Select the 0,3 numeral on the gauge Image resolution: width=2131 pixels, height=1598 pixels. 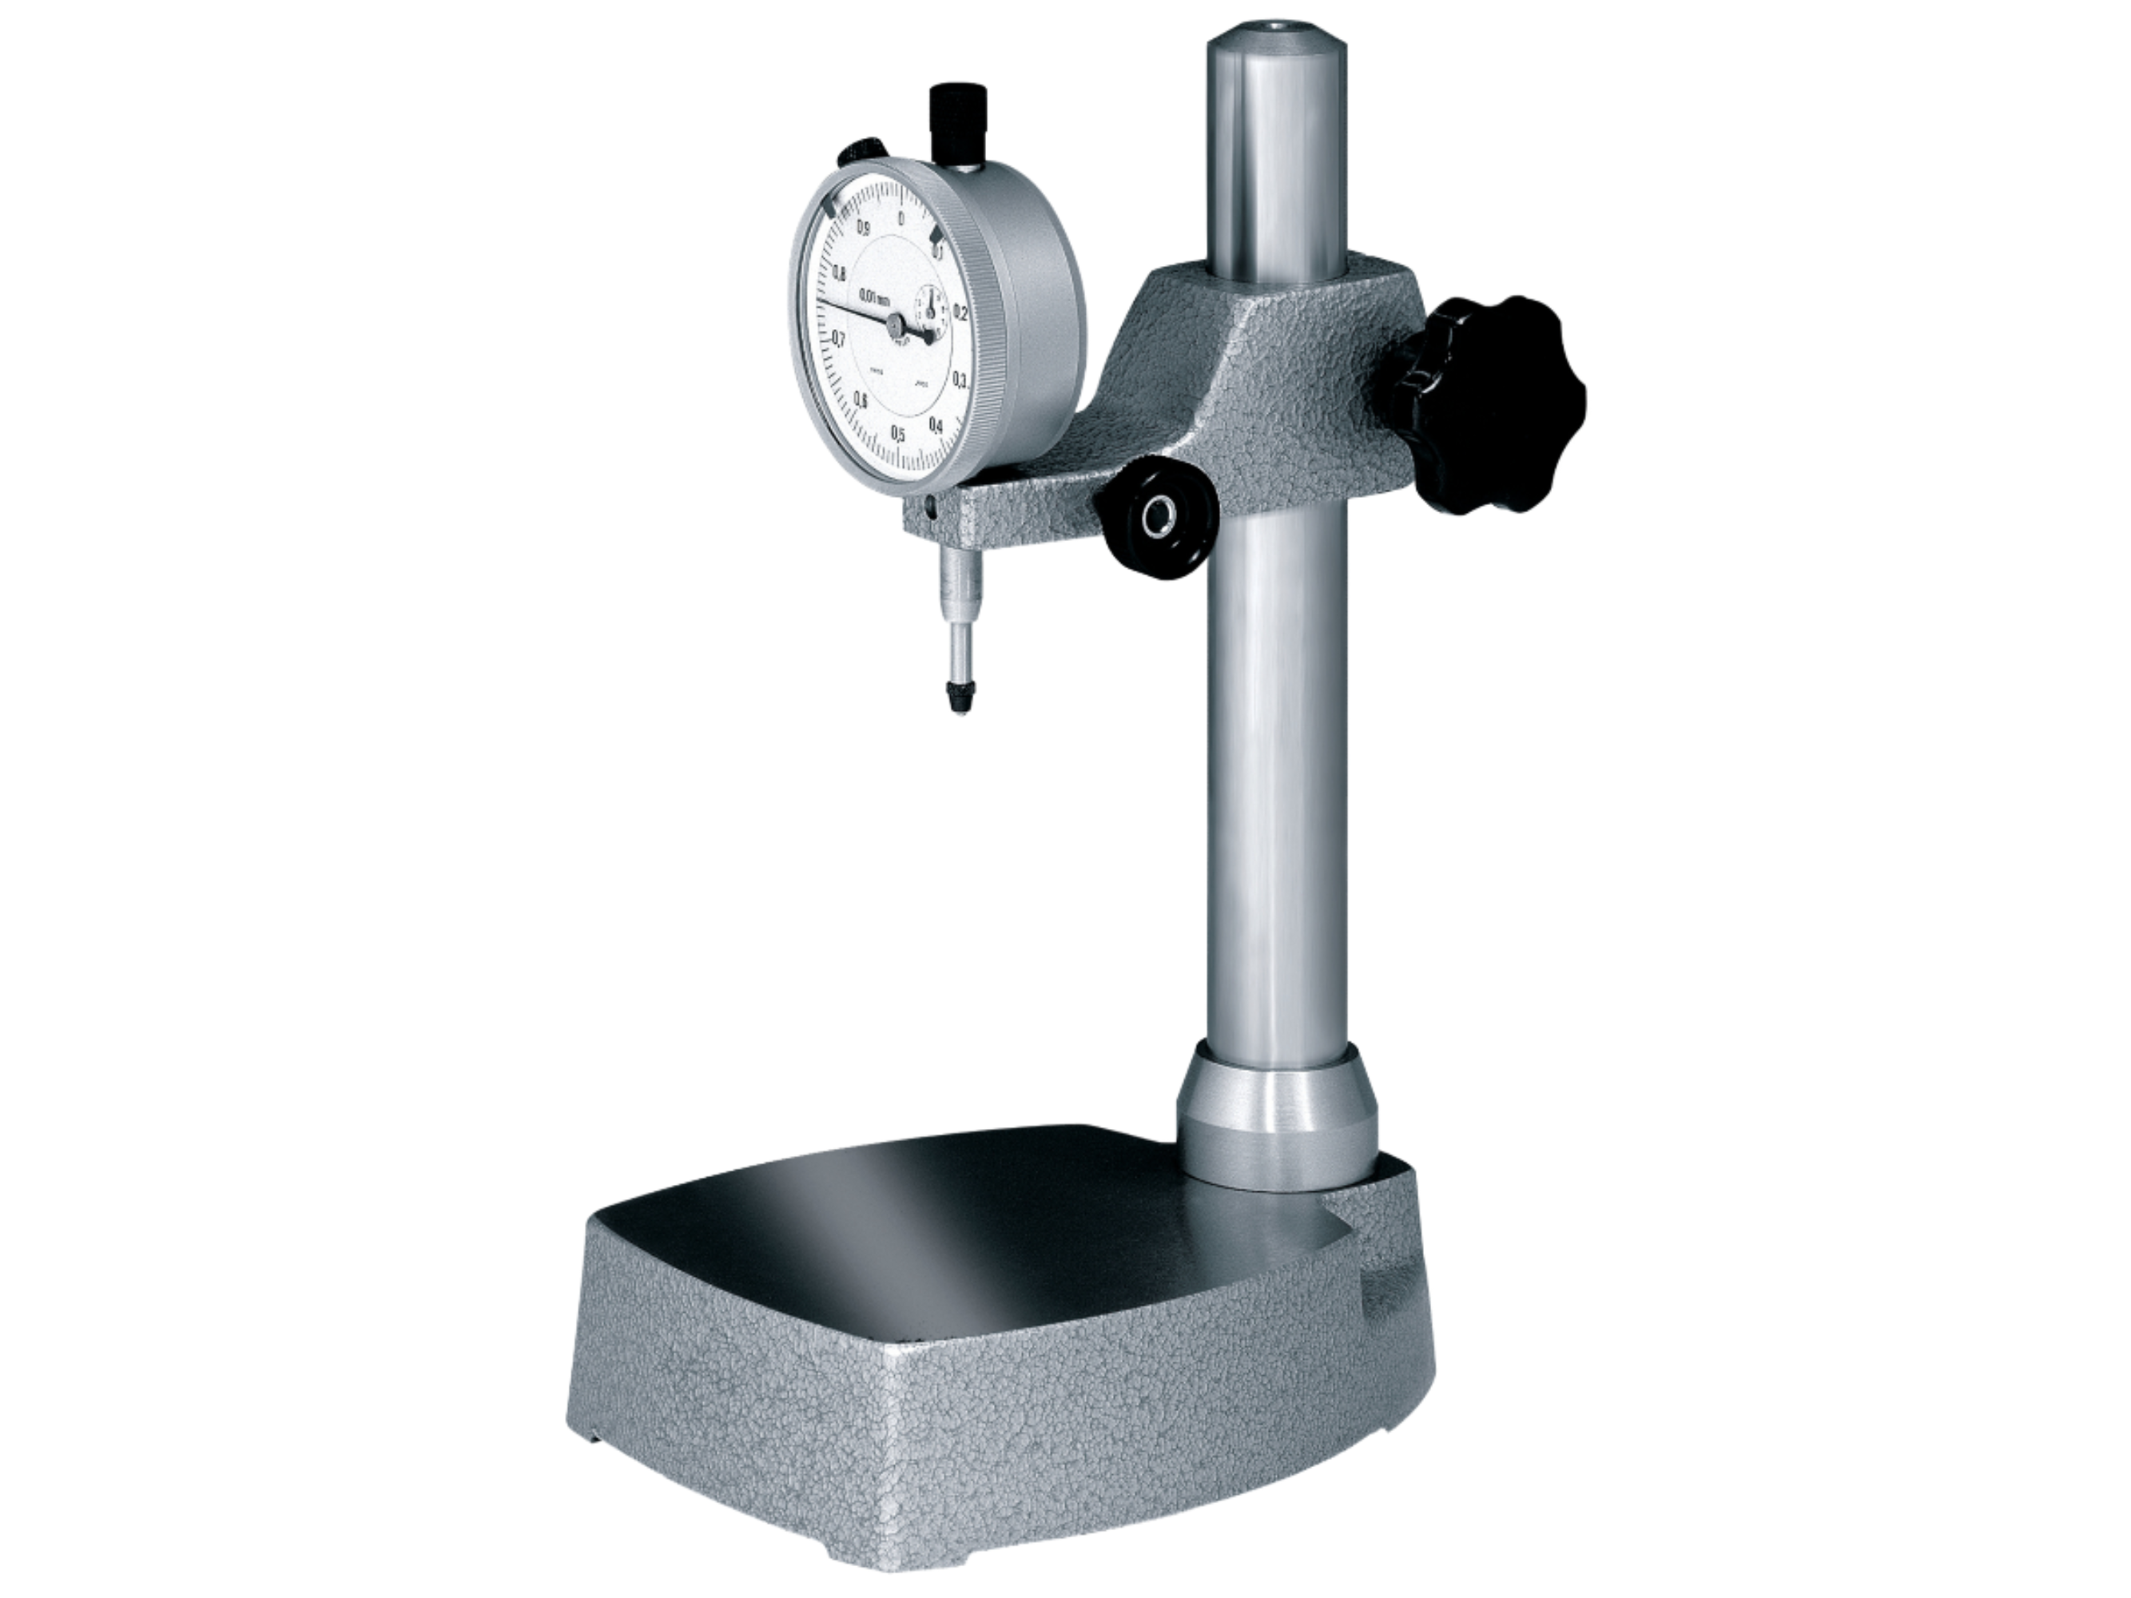pos(960,379)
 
